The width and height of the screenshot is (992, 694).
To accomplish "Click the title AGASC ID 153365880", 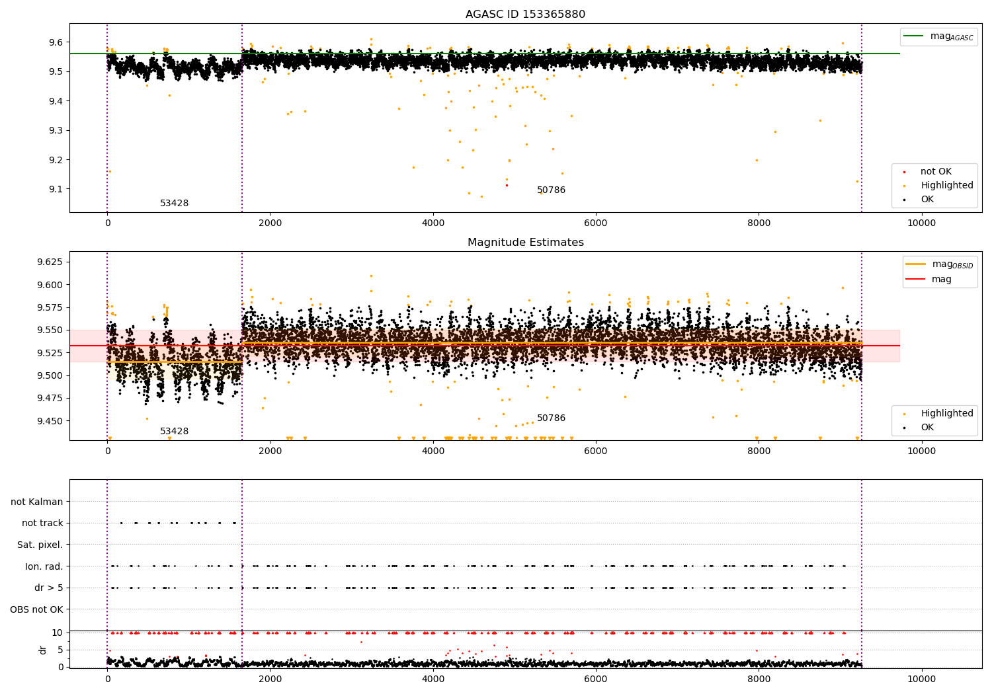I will (x=525, y=15).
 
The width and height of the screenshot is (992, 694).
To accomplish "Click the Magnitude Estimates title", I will (x=525, y=243).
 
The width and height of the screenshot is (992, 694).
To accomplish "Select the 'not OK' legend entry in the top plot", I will (x=935, y=172).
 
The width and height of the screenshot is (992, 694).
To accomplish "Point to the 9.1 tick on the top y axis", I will (x=55, y=189).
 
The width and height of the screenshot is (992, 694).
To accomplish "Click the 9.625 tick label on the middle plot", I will (x=50, y=262).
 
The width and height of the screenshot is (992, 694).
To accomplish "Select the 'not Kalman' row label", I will (x=37, y=502).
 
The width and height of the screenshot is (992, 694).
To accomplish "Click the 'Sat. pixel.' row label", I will (x=40, y=545).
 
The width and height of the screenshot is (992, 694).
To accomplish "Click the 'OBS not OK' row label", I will (x=36, y=609).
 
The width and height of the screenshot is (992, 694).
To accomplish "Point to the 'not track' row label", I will (x=42, y=523).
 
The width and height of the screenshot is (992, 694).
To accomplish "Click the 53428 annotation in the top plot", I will (x=174, y=204).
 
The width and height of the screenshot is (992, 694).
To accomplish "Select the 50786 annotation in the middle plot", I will (x=551, y=418).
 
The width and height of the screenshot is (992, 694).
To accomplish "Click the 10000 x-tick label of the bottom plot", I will (x=921, y=679).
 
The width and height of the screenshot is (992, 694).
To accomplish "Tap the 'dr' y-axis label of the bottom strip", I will (x=43, y=650).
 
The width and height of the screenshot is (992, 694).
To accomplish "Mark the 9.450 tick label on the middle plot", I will (x=50, y=421).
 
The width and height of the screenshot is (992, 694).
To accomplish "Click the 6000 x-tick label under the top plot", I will (x=596, y=223).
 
